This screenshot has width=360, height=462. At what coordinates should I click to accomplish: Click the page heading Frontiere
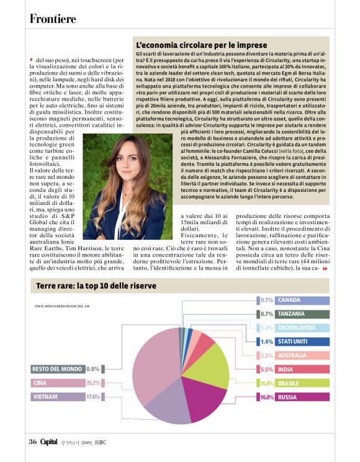(53, 19)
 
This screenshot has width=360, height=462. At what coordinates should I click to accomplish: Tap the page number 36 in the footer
(33, 442)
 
